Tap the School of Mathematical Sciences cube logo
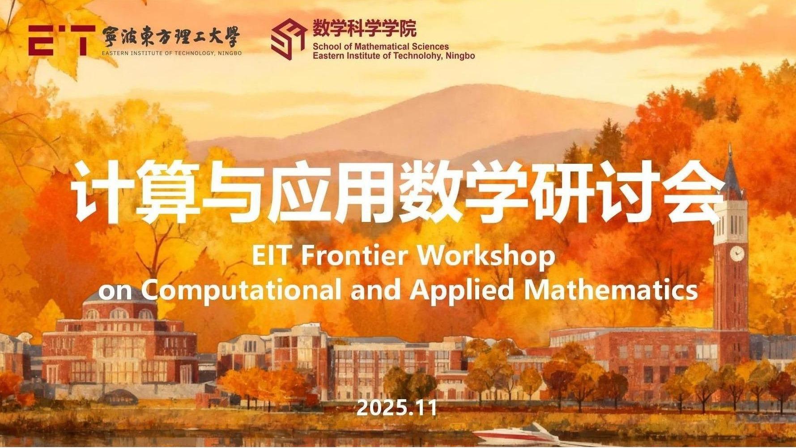pyautogui.click(x=289, y=39)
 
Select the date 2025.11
pyautogui.click(x=396, y=408)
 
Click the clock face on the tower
pyautogui.click(x=736, y=254)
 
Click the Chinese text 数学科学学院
pyautogui.click(x=364, y=29)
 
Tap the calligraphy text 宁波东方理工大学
pyautogui.click(x=170, y=37)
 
